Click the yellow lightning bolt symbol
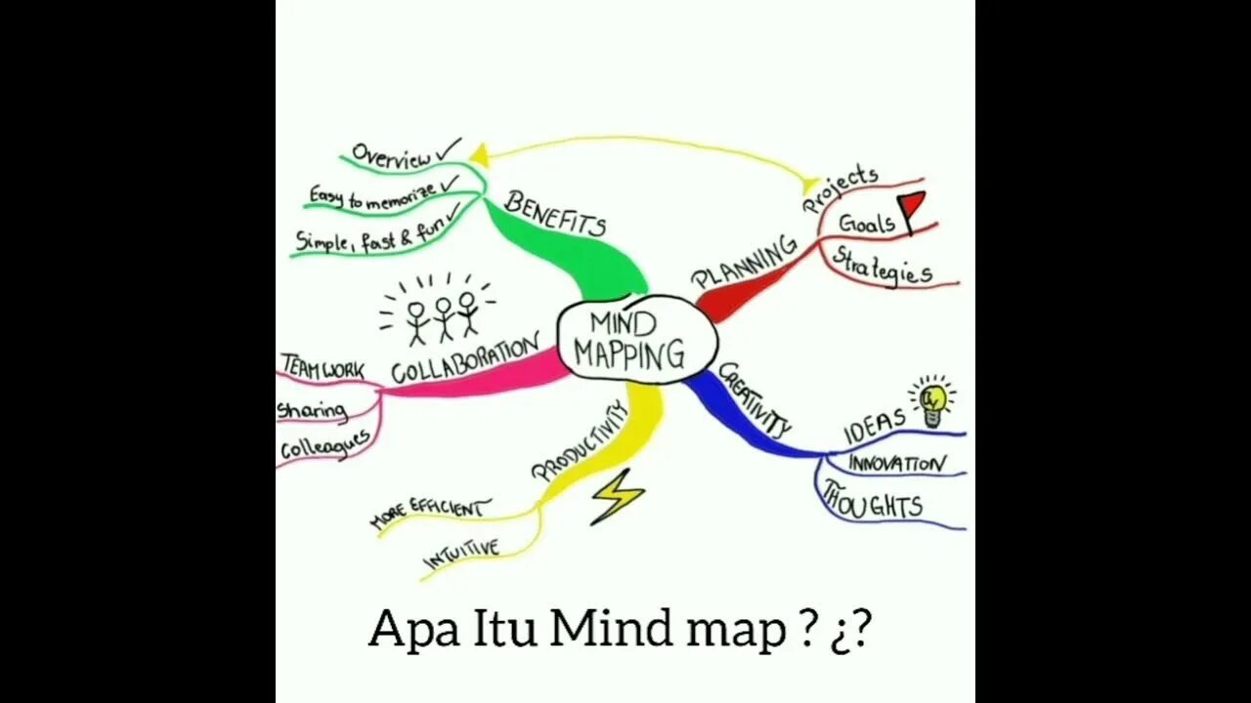tap(617, 496)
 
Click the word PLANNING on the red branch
tap(745, 263)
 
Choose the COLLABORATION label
tap(465, 359)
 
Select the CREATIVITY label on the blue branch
tap(755, 398)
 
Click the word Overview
tap(391, 156)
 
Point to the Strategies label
tap(882, 266)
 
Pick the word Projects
tap(840, 188)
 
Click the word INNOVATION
tap(896, 464)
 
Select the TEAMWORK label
tap(322, 368)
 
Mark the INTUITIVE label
tap(460, 554)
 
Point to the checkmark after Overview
tap(450, 148)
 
